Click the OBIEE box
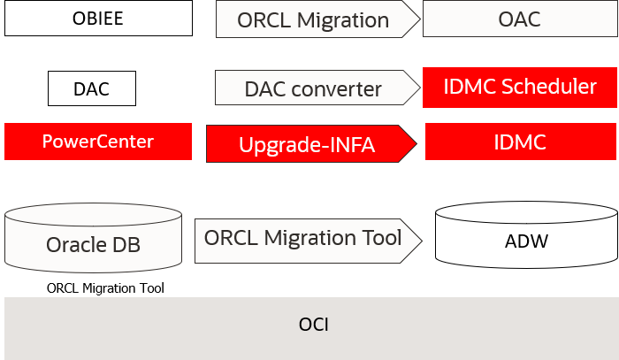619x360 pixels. (97, 19)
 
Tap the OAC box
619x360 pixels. (519, 19)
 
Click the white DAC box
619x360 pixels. (91, 88)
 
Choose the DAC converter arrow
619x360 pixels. (313, 88)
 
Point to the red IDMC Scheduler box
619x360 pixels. (521, 87)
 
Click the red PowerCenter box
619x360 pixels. (98, 142)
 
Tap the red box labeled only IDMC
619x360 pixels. (521, 142)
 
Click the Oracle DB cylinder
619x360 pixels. (94, 238)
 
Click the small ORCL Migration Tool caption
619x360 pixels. (105, 287)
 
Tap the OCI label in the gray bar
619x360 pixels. (313, 324)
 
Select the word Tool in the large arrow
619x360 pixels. (381, 238)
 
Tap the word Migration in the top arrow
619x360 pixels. (340, 20)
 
